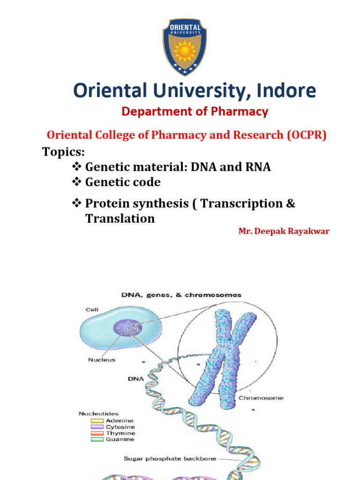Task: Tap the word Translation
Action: [120, 218]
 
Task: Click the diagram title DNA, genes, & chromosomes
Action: [181, 295]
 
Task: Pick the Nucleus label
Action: [101, 360]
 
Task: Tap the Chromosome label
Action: [261, 398]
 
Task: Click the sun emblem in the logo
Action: [185, 51]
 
